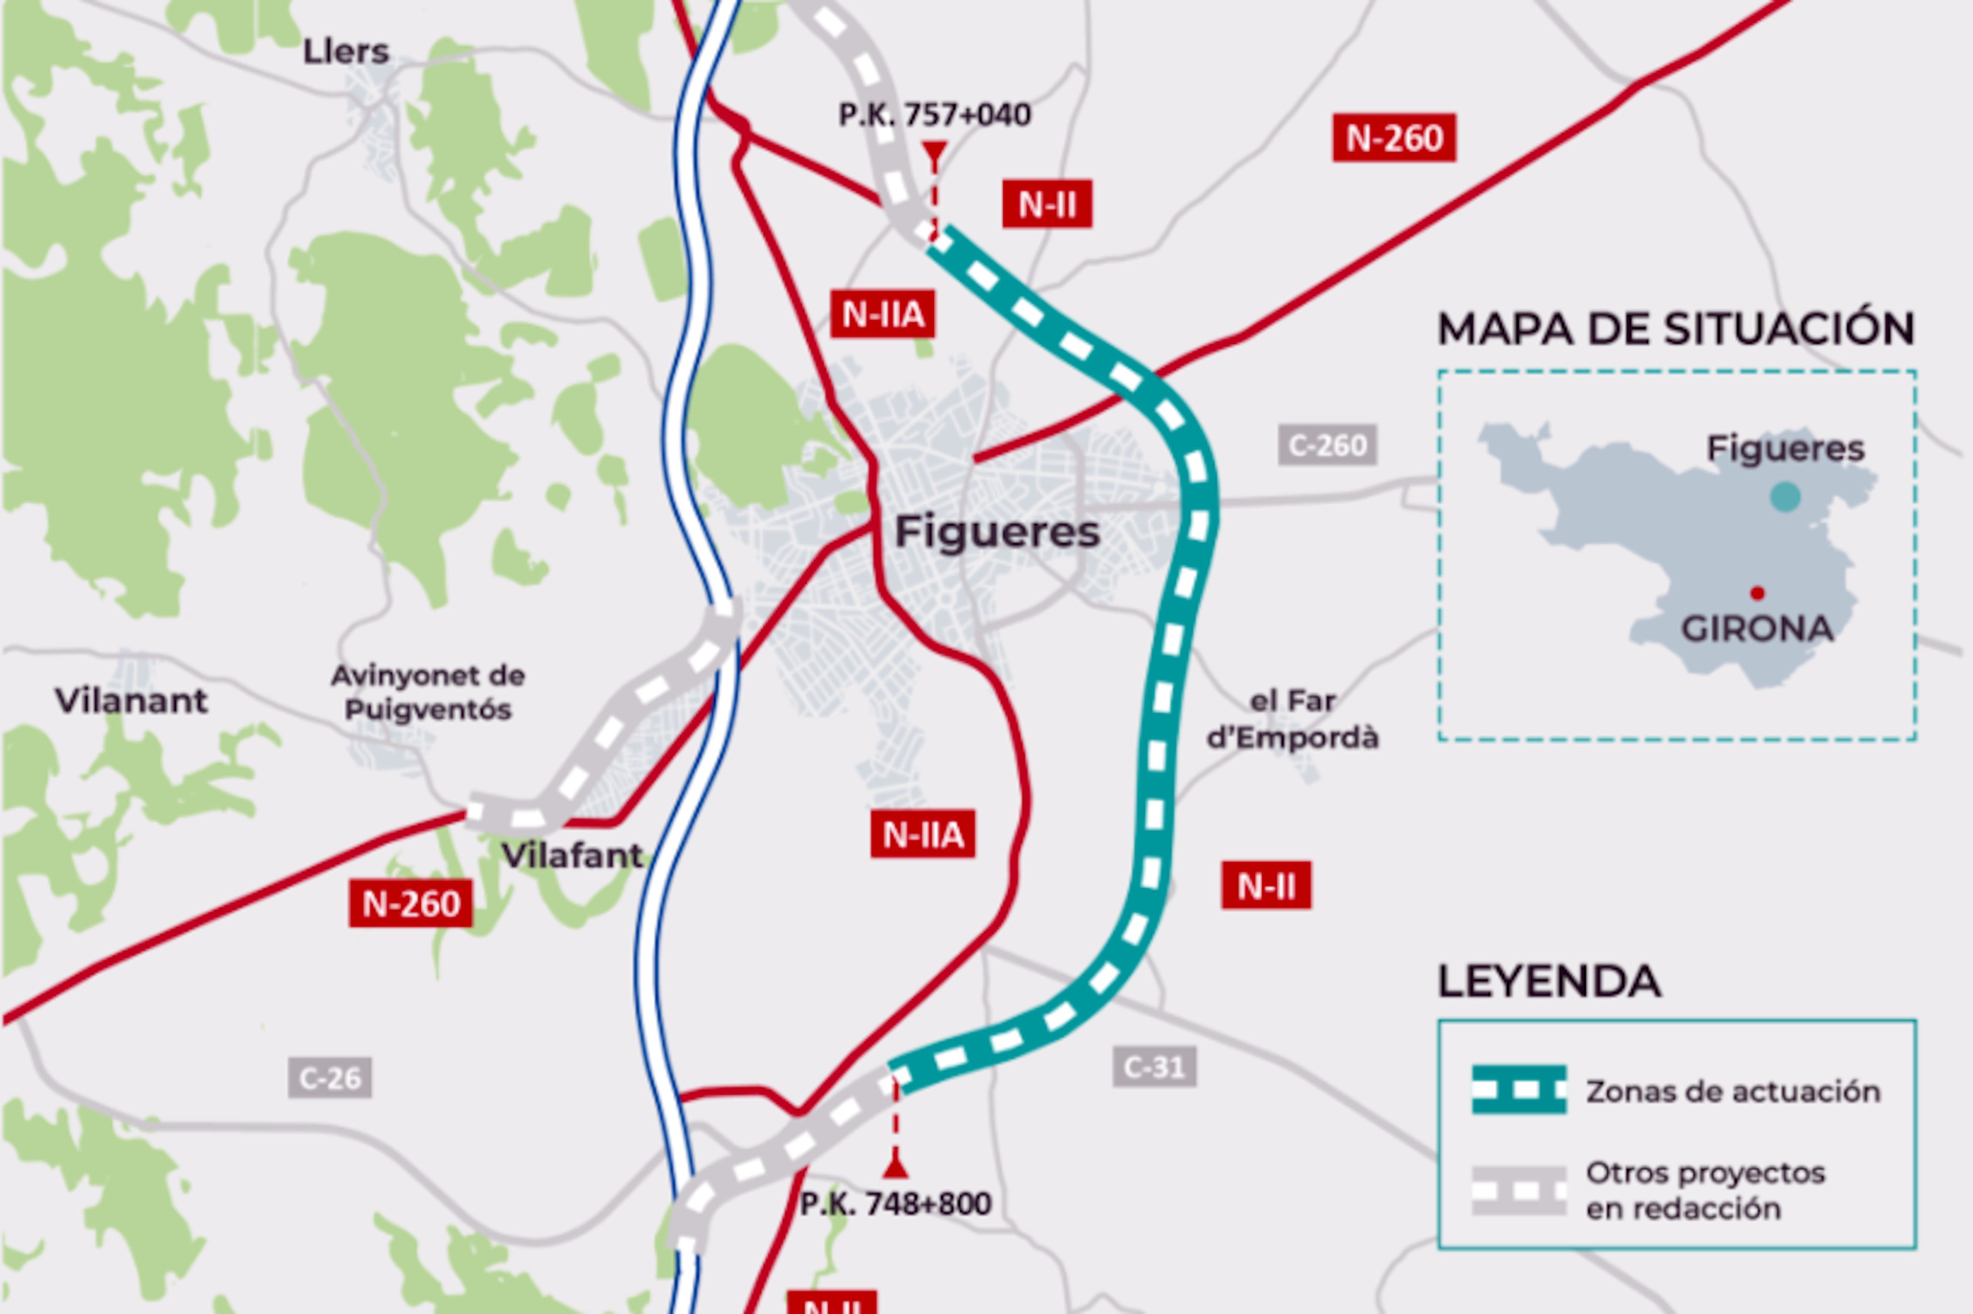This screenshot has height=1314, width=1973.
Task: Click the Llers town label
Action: click(346, 52)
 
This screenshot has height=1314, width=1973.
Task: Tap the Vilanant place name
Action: click(132, 701)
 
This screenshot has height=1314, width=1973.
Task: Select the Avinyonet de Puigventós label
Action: click(428, 692)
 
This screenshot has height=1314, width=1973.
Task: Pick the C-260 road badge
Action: click(1327, 444)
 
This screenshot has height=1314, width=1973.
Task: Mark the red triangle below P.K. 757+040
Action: click(934, 152)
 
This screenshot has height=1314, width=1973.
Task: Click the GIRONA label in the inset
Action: click(1757, 629)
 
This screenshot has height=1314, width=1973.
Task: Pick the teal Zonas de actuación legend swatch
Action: click(1519, 1090)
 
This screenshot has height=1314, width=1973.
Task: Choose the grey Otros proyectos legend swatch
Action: click(1519, 1190)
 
